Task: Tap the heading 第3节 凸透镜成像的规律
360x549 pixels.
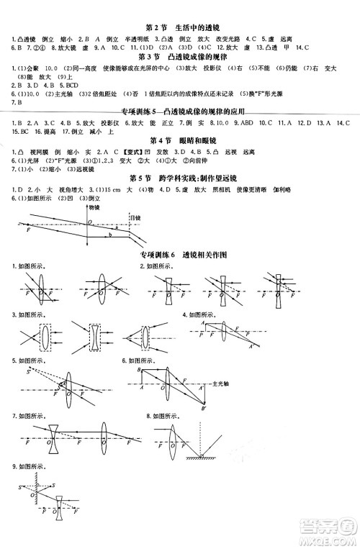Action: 181,56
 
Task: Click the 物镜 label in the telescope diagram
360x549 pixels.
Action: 92,206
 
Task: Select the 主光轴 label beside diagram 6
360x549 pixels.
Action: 215,382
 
